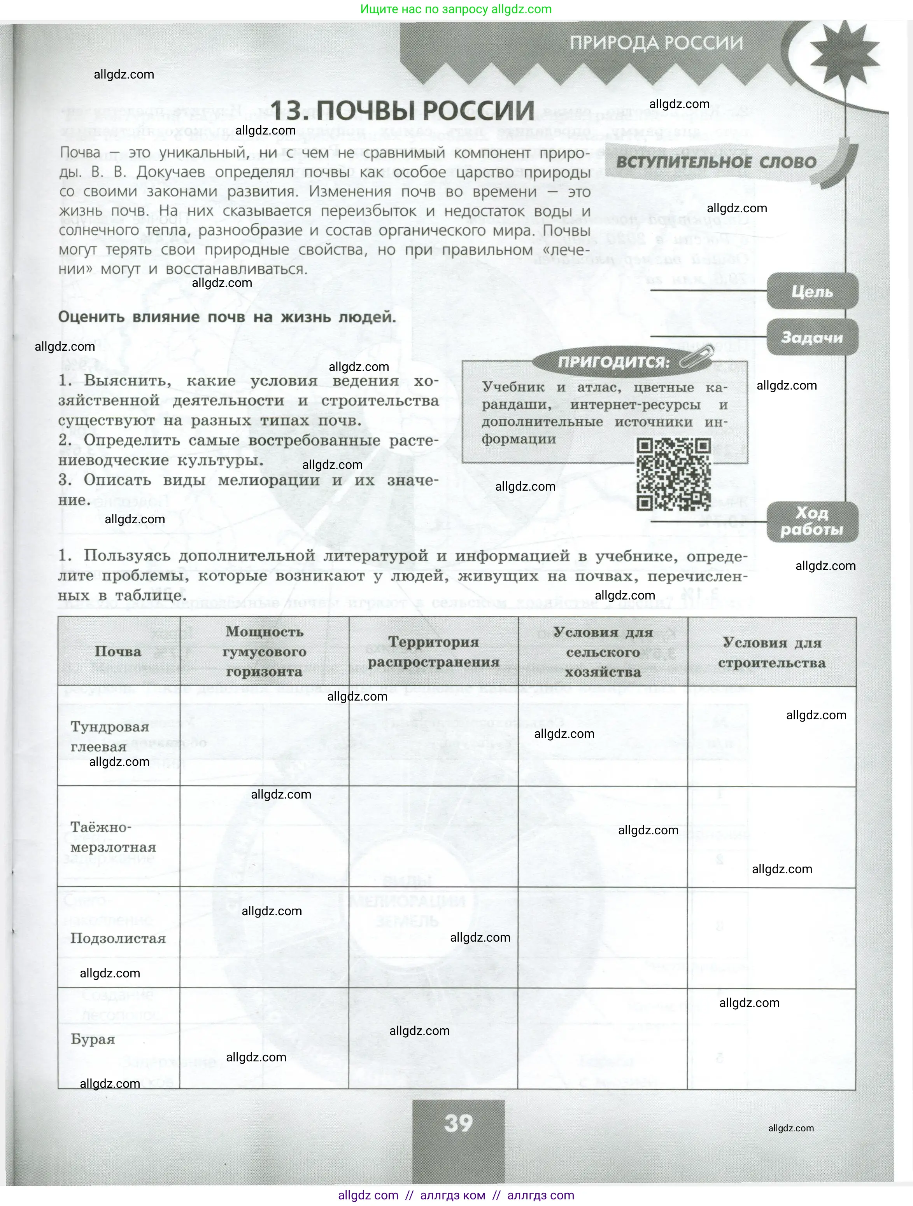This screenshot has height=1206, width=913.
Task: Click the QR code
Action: click(x=674, y=474)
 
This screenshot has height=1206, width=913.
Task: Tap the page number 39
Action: click(x=458, y=1123)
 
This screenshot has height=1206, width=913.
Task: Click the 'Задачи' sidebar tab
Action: click(x=812, y=338)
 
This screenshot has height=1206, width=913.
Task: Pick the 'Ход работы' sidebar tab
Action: click(x=812, y=522)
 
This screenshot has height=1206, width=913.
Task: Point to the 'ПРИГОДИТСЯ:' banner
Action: click(x=613, y=362)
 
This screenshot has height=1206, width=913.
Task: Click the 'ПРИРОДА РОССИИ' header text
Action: click(x=656, y=43)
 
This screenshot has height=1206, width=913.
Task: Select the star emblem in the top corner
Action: click(x=843, y=56)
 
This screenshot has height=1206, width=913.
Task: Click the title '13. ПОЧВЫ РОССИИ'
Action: click(x=403, y=111)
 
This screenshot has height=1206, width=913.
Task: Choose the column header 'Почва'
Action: click(x=118, y=652)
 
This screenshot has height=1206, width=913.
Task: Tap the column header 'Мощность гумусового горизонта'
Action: click(x=265, y=652)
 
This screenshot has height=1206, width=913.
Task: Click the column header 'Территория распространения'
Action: click(x=434, y=652)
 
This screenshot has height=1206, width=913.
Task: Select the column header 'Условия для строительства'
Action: click(x=772, y=653)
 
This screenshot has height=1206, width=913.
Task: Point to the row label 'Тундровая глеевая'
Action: click(x=110, y=737)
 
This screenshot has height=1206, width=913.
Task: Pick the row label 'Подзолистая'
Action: click(x=118, y=938)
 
